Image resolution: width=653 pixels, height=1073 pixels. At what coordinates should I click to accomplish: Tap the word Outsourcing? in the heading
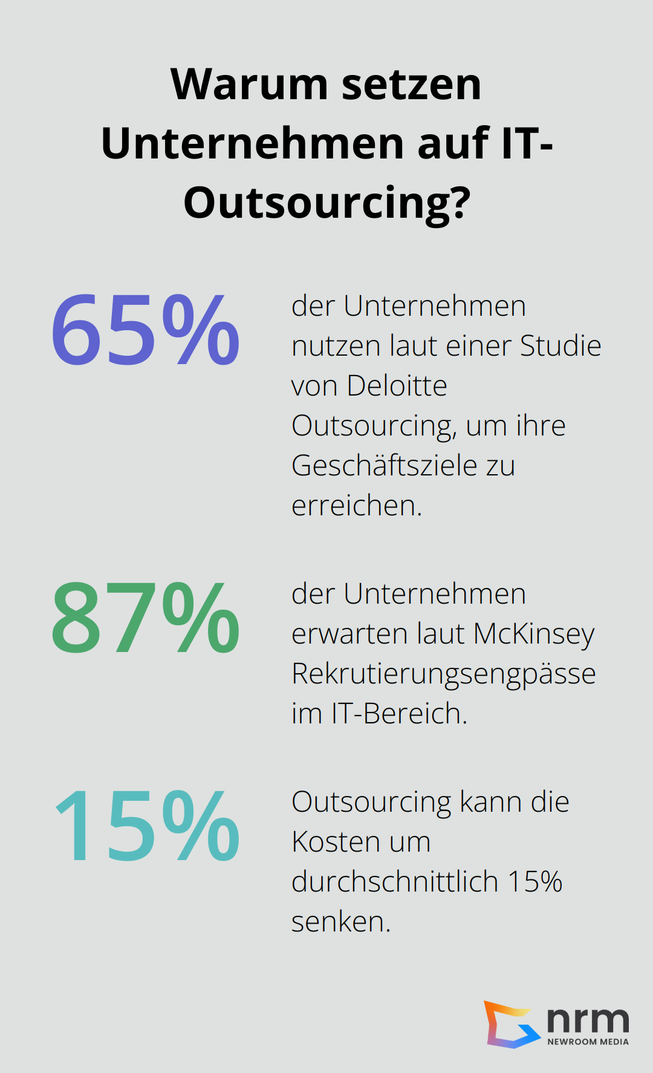point(326,203)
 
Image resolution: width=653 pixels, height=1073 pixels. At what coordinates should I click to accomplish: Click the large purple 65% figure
point(145,330)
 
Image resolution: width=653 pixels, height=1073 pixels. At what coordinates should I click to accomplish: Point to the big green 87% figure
point(145,618)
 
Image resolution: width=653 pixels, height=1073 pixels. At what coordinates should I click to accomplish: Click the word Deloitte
point(397,386)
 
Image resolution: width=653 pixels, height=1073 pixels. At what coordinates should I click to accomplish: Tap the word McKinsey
point(534,634)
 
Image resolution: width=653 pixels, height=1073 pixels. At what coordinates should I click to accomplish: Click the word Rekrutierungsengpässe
point(443,674)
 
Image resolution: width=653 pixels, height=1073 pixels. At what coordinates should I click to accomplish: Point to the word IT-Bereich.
point(399,714)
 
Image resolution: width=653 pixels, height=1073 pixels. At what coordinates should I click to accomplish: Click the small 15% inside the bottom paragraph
point(534,882)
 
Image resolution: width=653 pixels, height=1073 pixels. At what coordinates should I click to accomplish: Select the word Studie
point(560,346)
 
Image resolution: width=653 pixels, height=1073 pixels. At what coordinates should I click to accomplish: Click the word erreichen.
point(356,506)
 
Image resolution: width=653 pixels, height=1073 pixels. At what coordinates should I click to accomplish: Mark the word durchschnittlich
point(394,882)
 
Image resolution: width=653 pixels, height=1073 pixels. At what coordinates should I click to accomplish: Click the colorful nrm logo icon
point(512,1024)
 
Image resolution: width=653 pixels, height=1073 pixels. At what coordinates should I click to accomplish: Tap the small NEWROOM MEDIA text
point(588,1042)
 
